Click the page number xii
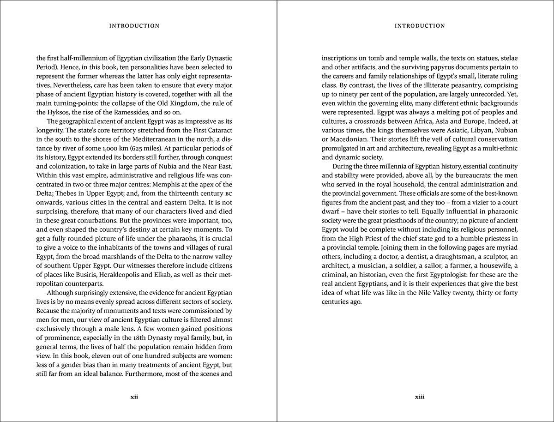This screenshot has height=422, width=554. click(134, 397)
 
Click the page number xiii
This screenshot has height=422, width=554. click(419, 397)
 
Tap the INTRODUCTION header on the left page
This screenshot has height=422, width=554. click(134, 26)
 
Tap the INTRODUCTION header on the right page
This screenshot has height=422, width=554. click(420, 26)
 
